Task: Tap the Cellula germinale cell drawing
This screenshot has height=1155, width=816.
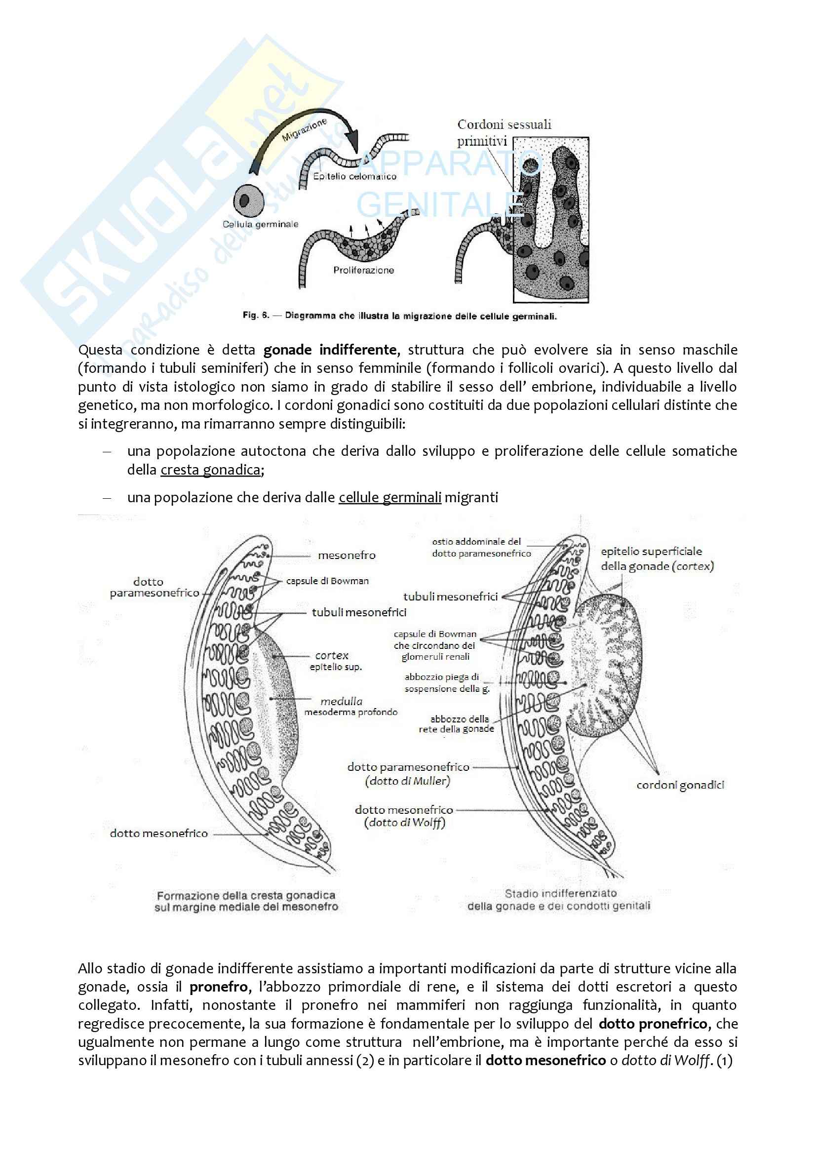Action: tap(248, 200)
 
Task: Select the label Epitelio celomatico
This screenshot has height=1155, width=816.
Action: tap(354, 177)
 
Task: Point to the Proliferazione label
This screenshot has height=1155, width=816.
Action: tap(363, 270)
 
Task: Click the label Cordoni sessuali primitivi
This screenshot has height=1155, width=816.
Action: tap(504, 132)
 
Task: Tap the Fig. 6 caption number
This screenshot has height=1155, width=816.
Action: tap(256, 316)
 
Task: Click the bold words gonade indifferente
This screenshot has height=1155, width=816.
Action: tap(330, 350)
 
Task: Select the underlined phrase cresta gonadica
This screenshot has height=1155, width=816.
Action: tap(210, 470)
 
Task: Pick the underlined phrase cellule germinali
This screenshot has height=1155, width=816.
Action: tap(389, 498)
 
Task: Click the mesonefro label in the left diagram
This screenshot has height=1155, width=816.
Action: tap(347, 556)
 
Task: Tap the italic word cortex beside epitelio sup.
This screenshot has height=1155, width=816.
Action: tap(332, 655)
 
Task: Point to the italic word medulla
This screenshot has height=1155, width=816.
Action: tap(342, 701)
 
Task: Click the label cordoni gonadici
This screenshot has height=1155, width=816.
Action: tap(680, 785)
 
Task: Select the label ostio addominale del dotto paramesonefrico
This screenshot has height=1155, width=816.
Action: tap(481, 547)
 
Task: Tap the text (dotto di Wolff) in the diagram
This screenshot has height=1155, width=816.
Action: tap(405, 823)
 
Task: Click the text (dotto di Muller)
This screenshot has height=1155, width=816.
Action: tap(407, 781)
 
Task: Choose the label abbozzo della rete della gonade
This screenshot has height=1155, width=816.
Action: tap(457, 724)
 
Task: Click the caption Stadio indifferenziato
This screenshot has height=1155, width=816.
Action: tap(561, 893)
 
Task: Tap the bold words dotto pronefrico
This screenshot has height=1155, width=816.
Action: tap(653, 1024)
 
